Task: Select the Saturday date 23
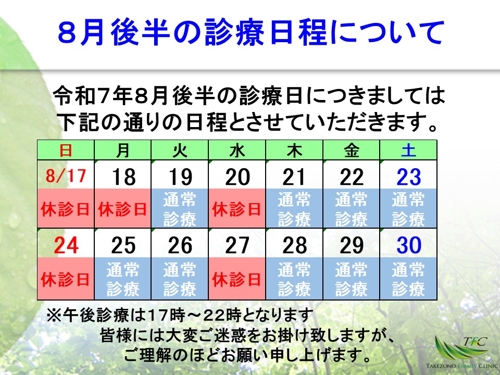(x=408, y=177)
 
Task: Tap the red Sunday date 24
(x=66, y=245)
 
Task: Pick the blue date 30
(x=408, y=245)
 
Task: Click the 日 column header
(x=66, y=151)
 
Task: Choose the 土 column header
(x=408, y=151)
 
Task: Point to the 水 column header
(x=237, y=151)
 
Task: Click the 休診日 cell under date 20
(x=237, y=209)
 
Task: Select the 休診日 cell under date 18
(x=123, y=209)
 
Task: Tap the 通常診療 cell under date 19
(x=180, y=209)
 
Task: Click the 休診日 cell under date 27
(x=237, y=279)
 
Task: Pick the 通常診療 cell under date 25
(x=123, y=279)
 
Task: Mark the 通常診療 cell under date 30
(x=408, y=279)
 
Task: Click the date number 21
(x=294, y=177)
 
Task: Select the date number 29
(x=351, y=245)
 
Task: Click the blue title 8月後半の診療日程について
(x=250, y=33)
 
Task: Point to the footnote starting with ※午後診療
(x=180, y=315)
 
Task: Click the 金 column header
(x=351, y=151)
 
